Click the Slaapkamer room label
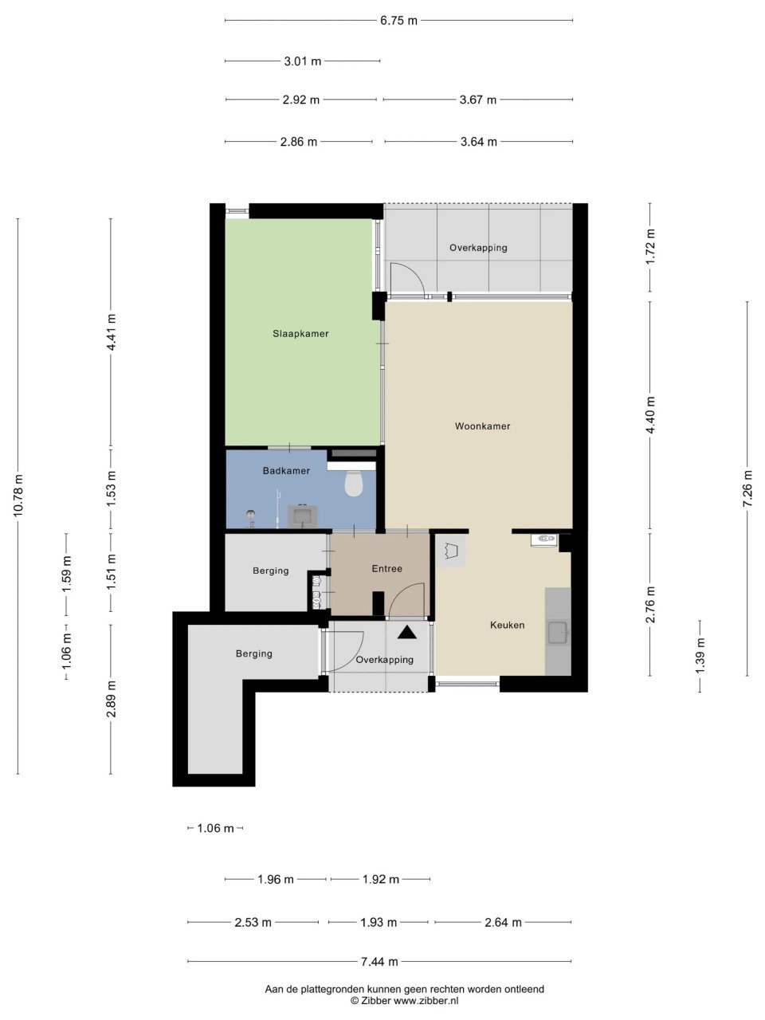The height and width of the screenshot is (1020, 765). click(x=300, y=334)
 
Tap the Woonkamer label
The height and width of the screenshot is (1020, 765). click(x=483, y=426)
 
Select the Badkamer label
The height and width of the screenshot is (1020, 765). click(x=286, y=471)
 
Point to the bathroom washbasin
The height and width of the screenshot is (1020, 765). click(x=303, y=516)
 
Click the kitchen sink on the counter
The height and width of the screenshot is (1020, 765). click(x=559, y=633)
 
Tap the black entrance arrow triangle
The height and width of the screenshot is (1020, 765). click(x=407, y=632)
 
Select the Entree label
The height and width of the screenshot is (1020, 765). click(x=387, y=568)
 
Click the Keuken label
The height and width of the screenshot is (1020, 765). click(x=508, y=625)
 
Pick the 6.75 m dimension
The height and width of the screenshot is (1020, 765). click(x=398, y=21)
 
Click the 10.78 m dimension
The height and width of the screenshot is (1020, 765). click(x=18, y=496)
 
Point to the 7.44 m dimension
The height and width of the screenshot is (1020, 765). click(x=379, y=962)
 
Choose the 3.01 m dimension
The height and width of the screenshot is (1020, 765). click(x=303, y=61)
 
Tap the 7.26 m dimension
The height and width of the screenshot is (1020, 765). click(x=747, y=488)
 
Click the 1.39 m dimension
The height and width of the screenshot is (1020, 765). click(x=700, y=655)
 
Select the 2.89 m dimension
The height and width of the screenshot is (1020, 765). click(x=111, y=700)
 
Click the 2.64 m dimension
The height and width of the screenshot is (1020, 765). click(x=503, y=922)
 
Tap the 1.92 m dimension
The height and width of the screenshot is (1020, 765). click(x=380, y=879)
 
